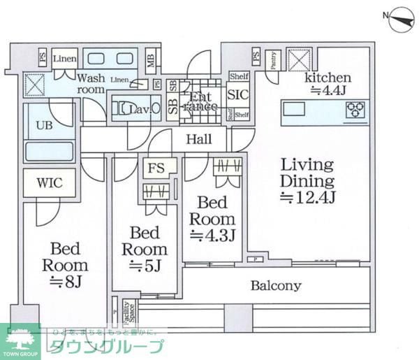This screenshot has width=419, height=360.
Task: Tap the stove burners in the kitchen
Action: [x=355, y=108]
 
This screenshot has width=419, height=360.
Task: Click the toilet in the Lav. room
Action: [x=127, y=109]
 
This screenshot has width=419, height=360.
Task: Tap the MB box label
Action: [x=151, y=62]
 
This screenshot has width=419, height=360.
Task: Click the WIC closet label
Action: [x=50, y=183]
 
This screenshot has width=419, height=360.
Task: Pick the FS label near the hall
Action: [x=155, y=168]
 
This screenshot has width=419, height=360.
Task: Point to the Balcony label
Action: [x=276, y=285]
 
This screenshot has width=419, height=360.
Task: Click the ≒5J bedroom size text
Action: [x=145, y=266]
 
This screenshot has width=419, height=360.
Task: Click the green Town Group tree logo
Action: [x=20, y=340]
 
